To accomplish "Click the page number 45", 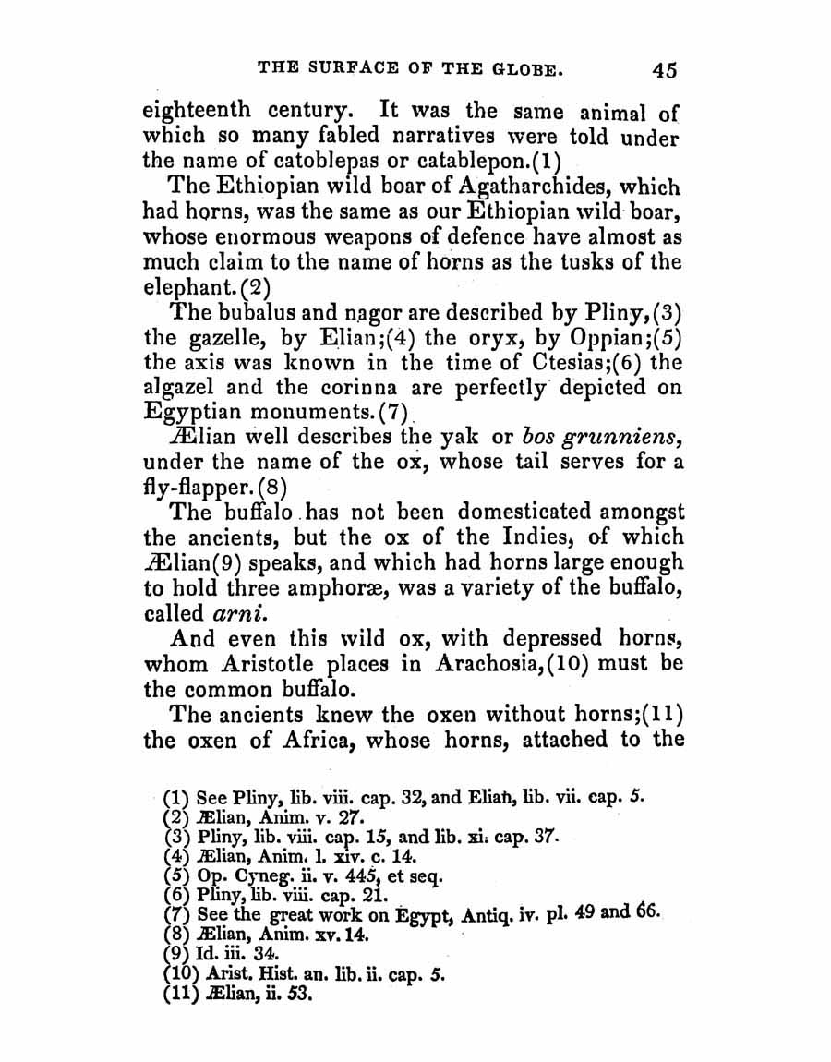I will click(665, 69).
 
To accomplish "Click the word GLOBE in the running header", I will click(515, 69).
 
